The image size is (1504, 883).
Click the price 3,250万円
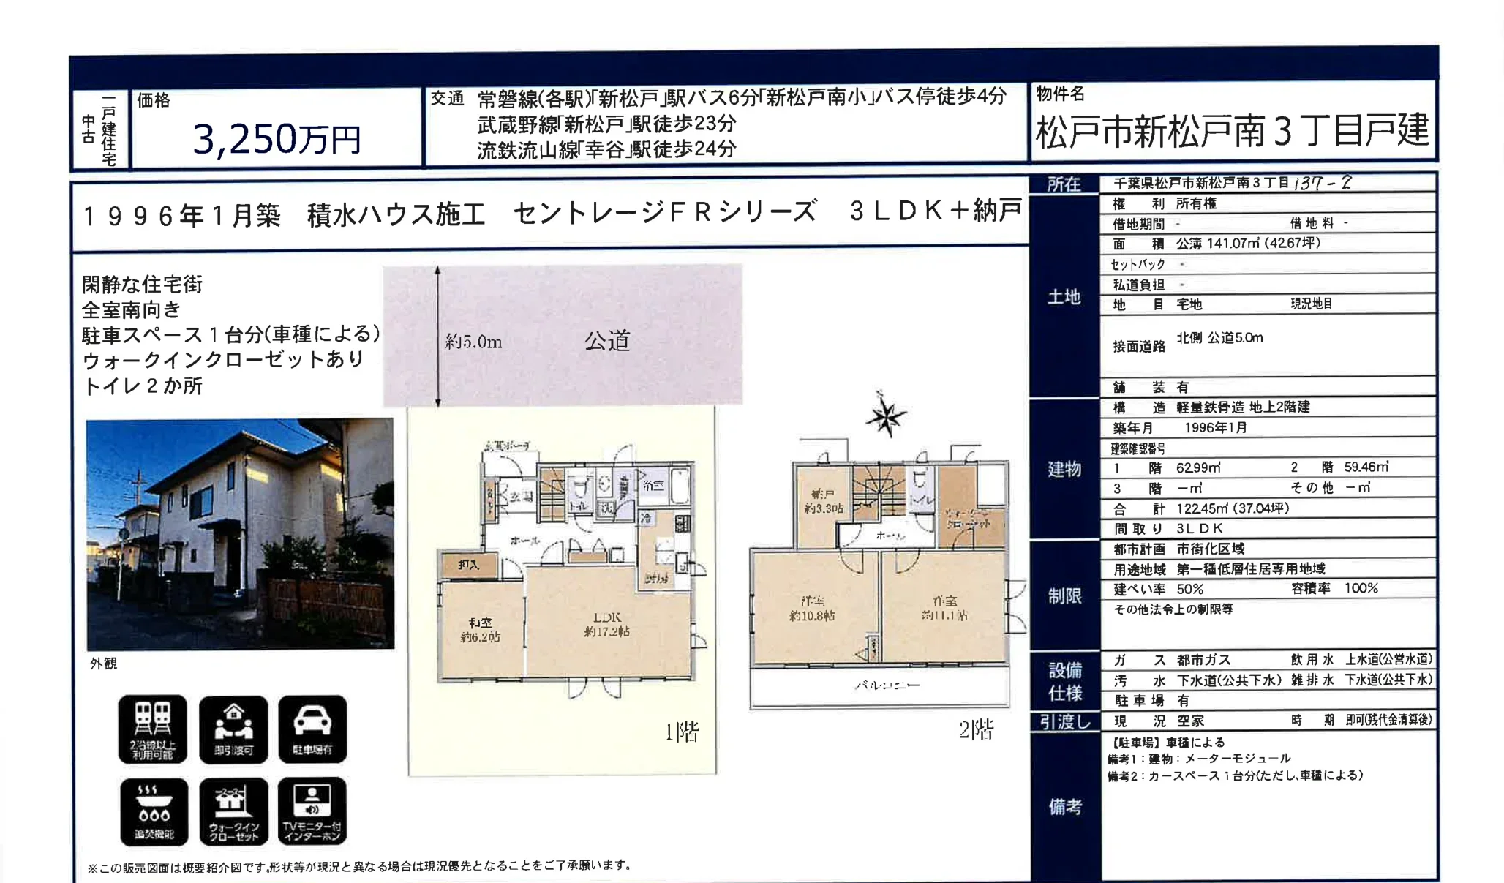click(x=277, y=138)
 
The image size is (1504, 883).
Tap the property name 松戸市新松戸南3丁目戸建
click(x=1232, y=130)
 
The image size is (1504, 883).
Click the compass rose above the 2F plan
click(x=885, y=416)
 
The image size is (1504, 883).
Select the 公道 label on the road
click(x=607, y=341)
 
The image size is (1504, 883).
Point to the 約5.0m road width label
click(x=473, y=342)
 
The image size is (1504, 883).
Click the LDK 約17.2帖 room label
click(x=606, y=624)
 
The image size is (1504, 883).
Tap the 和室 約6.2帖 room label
click(x=480, y=630)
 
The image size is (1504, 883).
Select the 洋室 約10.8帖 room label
click(x=812, y=609)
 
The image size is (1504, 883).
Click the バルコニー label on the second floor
click(x=887, y=685)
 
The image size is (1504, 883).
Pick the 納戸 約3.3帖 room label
click(x=823, y=501)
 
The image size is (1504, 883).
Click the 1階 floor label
click(x=681, y=732)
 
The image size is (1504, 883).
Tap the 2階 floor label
click(x=976, y=729)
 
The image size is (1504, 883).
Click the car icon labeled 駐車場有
click(x=312, y=729)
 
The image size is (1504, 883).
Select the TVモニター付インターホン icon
click(x=312, y=811)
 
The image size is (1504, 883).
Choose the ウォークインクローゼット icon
click(x=233, y=811)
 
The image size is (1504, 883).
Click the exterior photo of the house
click(x=240, y=534)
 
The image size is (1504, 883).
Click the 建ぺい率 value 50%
click(x=1190, y=589)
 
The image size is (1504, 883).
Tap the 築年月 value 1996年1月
click(x=1215, y=427)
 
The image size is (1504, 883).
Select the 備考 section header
click(x=1064, y=806)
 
